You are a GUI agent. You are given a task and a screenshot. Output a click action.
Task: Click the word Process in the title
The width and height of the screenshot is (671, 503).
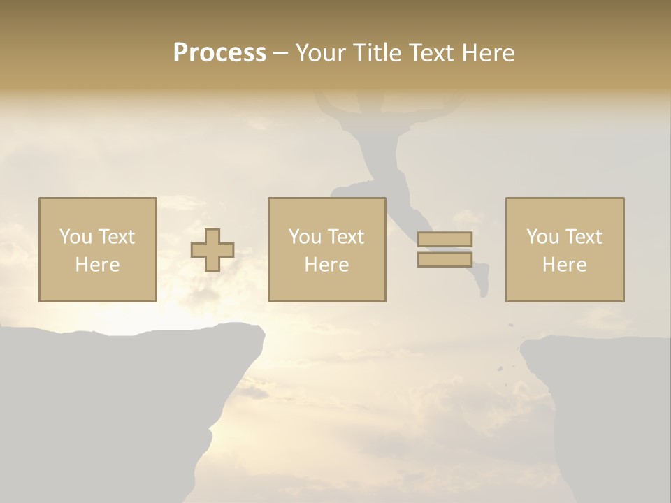[x=219, y=53]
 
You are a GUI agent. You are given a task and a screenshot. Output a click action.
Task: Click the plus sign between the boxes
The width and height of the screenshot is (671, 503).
[x=212, y=250]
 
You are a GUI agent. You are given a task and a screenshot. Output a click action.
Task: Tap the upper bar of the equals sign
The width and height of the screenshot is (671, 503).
[x=445, y=239]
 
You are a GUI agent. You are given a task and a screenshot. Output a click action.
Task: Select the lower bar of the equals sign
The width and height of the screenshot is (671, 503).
[x=445, y=259]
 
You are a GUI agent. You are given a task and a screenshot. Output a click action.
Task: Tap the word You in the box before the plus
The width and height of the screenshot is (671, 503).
[x=75, y=237]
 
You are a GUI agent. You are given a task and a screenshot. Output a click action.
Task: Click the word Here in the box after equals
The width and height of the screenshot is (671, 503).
[x=565, y=265]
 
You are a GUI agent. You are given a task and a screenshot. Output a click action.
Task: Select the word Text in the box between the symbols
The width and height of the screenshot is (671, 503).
[x=346, y=237]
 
